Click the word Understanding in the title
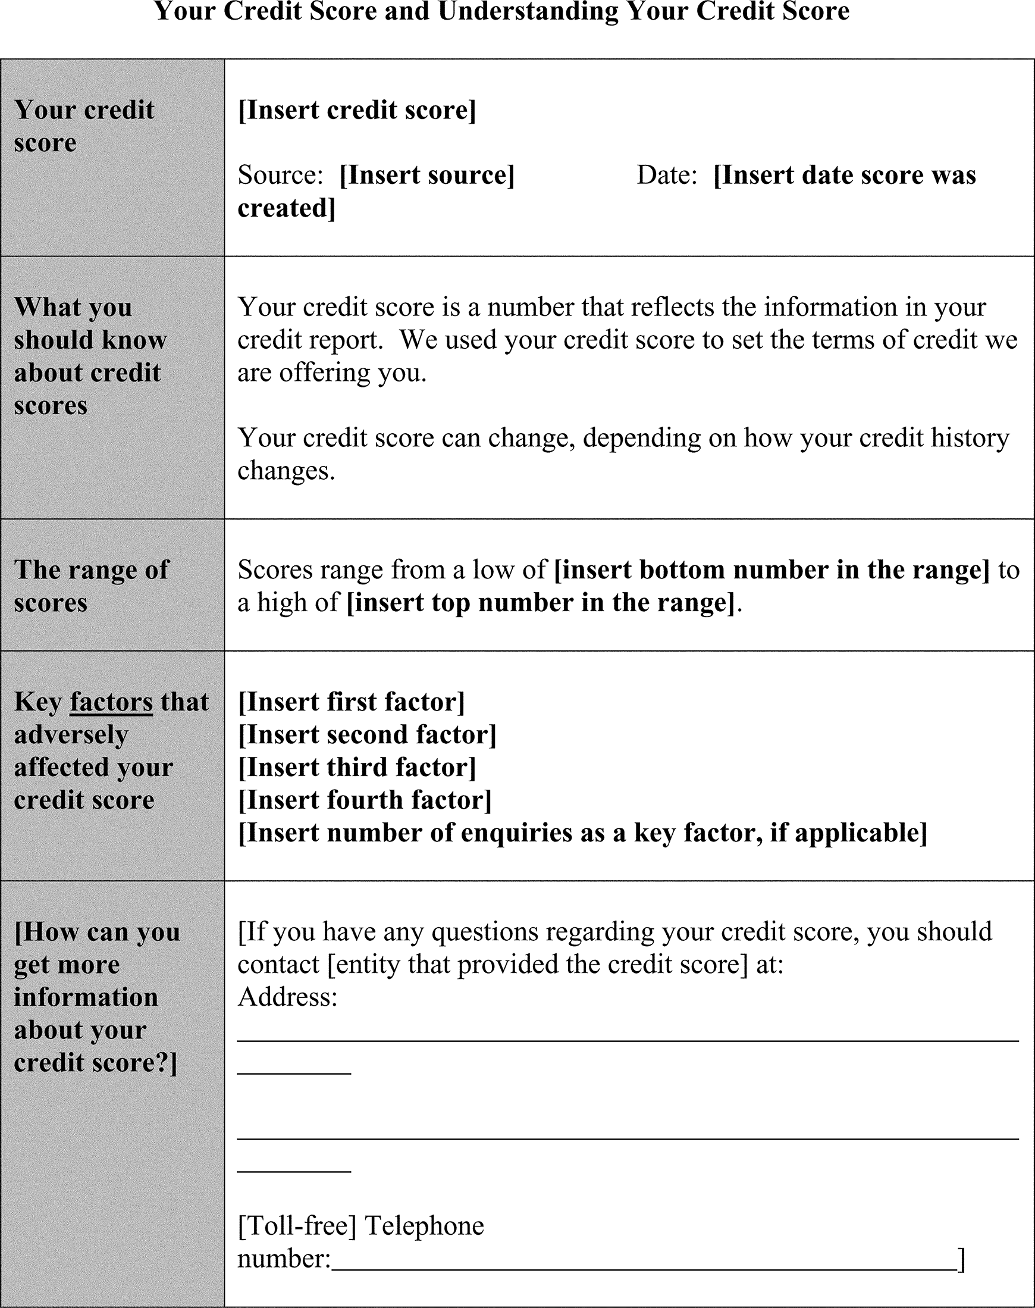[528, 11]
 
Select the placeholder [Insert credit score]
[357, 109]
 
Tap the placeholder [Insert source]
[426, 175]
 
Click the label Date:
[667, 175]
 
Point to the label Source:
[280, 175]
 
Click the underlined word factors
[111, 702]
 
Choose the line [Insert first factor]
[352, 702]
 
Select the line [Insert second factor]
[367, 734]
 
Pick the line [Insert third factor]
[357, 767]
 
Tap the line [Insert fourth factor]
[365, 800]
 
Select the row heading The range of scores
[91, 586]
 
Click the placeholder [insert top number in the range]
[541, 602]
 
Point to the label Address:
[287, 997]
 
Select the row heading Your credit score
[84, 126]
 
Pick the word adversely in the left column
[71, 734]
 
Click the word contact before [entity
[278, 964]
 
